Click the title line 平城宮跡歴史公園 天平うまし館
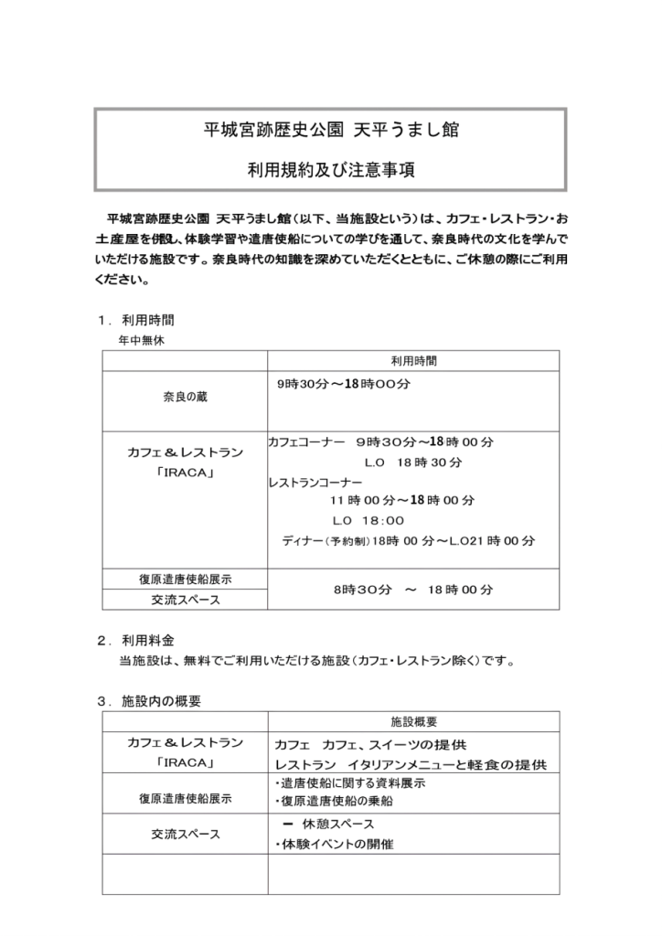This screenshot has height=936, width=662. [330, 131]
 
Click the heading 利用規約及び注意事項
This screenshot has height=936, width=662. [330, 170]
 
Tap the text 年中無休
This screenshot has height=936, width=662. [142, 339]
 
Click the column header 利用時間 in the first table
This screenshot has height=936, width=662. [413, 361]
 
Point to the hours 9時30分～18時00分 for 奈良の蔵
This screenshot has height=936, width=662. [343, 385]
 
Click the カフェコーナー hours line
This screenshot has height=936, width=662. [380, 441]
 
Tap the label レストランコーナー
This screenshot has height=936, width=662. [315, 482]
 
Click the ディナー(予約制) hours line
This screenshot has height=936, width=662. [408, 540]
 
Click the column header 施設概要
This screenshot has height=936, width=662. [413, 722]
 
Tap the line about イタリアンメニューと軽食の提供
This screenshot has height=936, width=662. [411, 763]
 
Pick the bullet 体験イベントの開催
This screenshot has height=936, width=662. [334, 845]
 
